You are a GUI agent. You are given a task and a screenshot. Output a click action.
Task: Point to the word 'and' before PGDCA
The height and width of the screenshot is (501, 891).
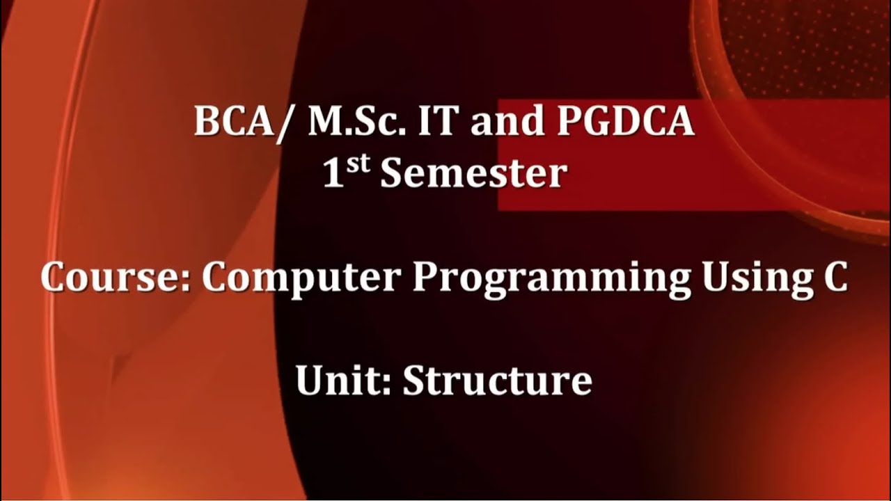(505, 122)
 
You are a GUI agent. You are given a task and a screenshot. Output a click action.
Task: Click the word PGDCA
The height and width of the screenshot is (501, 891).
(626, 122)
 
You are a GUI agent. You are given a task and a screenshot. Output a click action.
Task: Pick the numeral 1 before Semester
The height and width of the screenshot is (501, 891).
(334, 174)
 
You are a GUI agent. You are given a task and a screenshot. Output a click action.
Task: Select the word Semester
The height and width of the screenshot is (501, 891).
(473, 174)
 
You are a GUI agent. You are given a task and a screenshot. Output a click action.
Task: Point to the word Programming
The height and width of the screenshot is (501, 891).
(552, 279)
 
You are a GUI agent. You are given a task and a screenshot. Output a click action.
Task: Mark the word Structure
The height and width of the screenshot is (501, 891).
(497, 381)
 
